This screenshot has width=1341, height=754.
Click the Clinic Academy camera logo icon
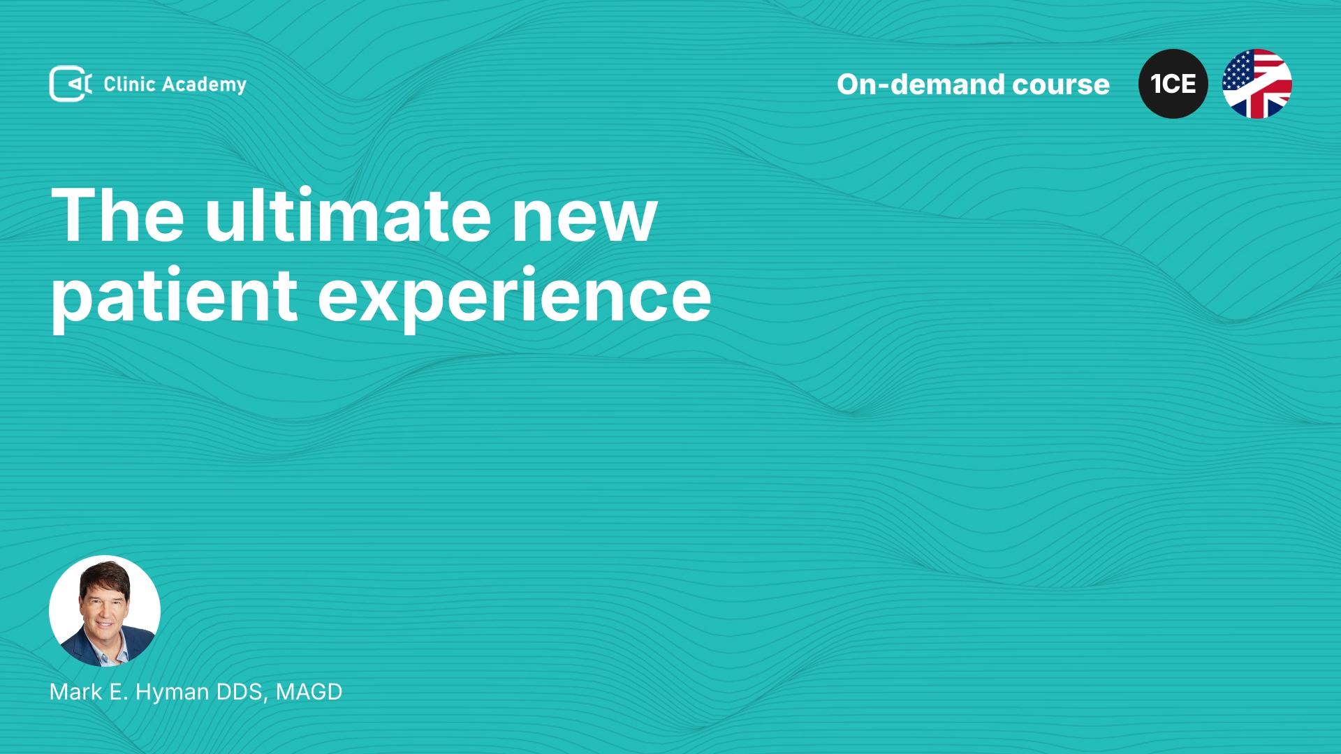71,84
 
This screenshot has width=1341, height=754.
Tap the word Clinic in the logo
129,84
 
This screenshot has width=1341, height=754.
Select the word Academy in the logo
204,85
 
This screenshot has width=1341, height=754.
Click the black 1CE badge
1173,84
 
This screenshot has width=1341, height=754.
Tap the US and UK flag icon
1257,84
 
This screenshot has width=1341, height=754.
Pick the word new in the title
585,221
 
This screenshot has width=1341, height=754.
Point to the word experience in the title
515,297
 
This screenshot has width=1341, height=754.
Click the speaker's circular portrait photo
105,611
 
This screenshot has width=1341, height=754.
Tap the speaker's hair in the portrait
105,577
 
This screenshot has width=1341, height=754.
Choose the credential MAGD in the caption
309,692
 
